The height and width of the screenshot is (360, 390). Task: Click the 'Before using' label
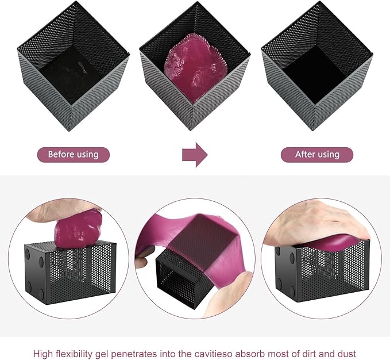click(x=74, y=155)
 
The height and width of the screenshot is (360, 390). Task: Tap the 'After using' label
click(x=317, y=155)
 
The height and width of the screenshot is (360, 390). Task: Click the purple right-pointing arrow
click(x=195, y=155)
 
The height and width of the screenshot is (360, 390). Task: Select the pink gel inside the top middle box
click(x=195, y=67)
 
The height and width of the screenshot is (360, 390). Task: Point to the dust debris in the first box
click(x=83, y=67)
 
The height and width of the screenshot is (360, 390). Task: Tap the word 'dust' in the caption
click(x=346, y=354)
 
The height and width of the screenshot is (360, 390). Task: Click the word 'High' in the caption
click(x=43, y=354)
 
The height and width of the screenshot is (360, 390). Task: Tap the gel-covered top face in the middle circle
click(x=203, y=239)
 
